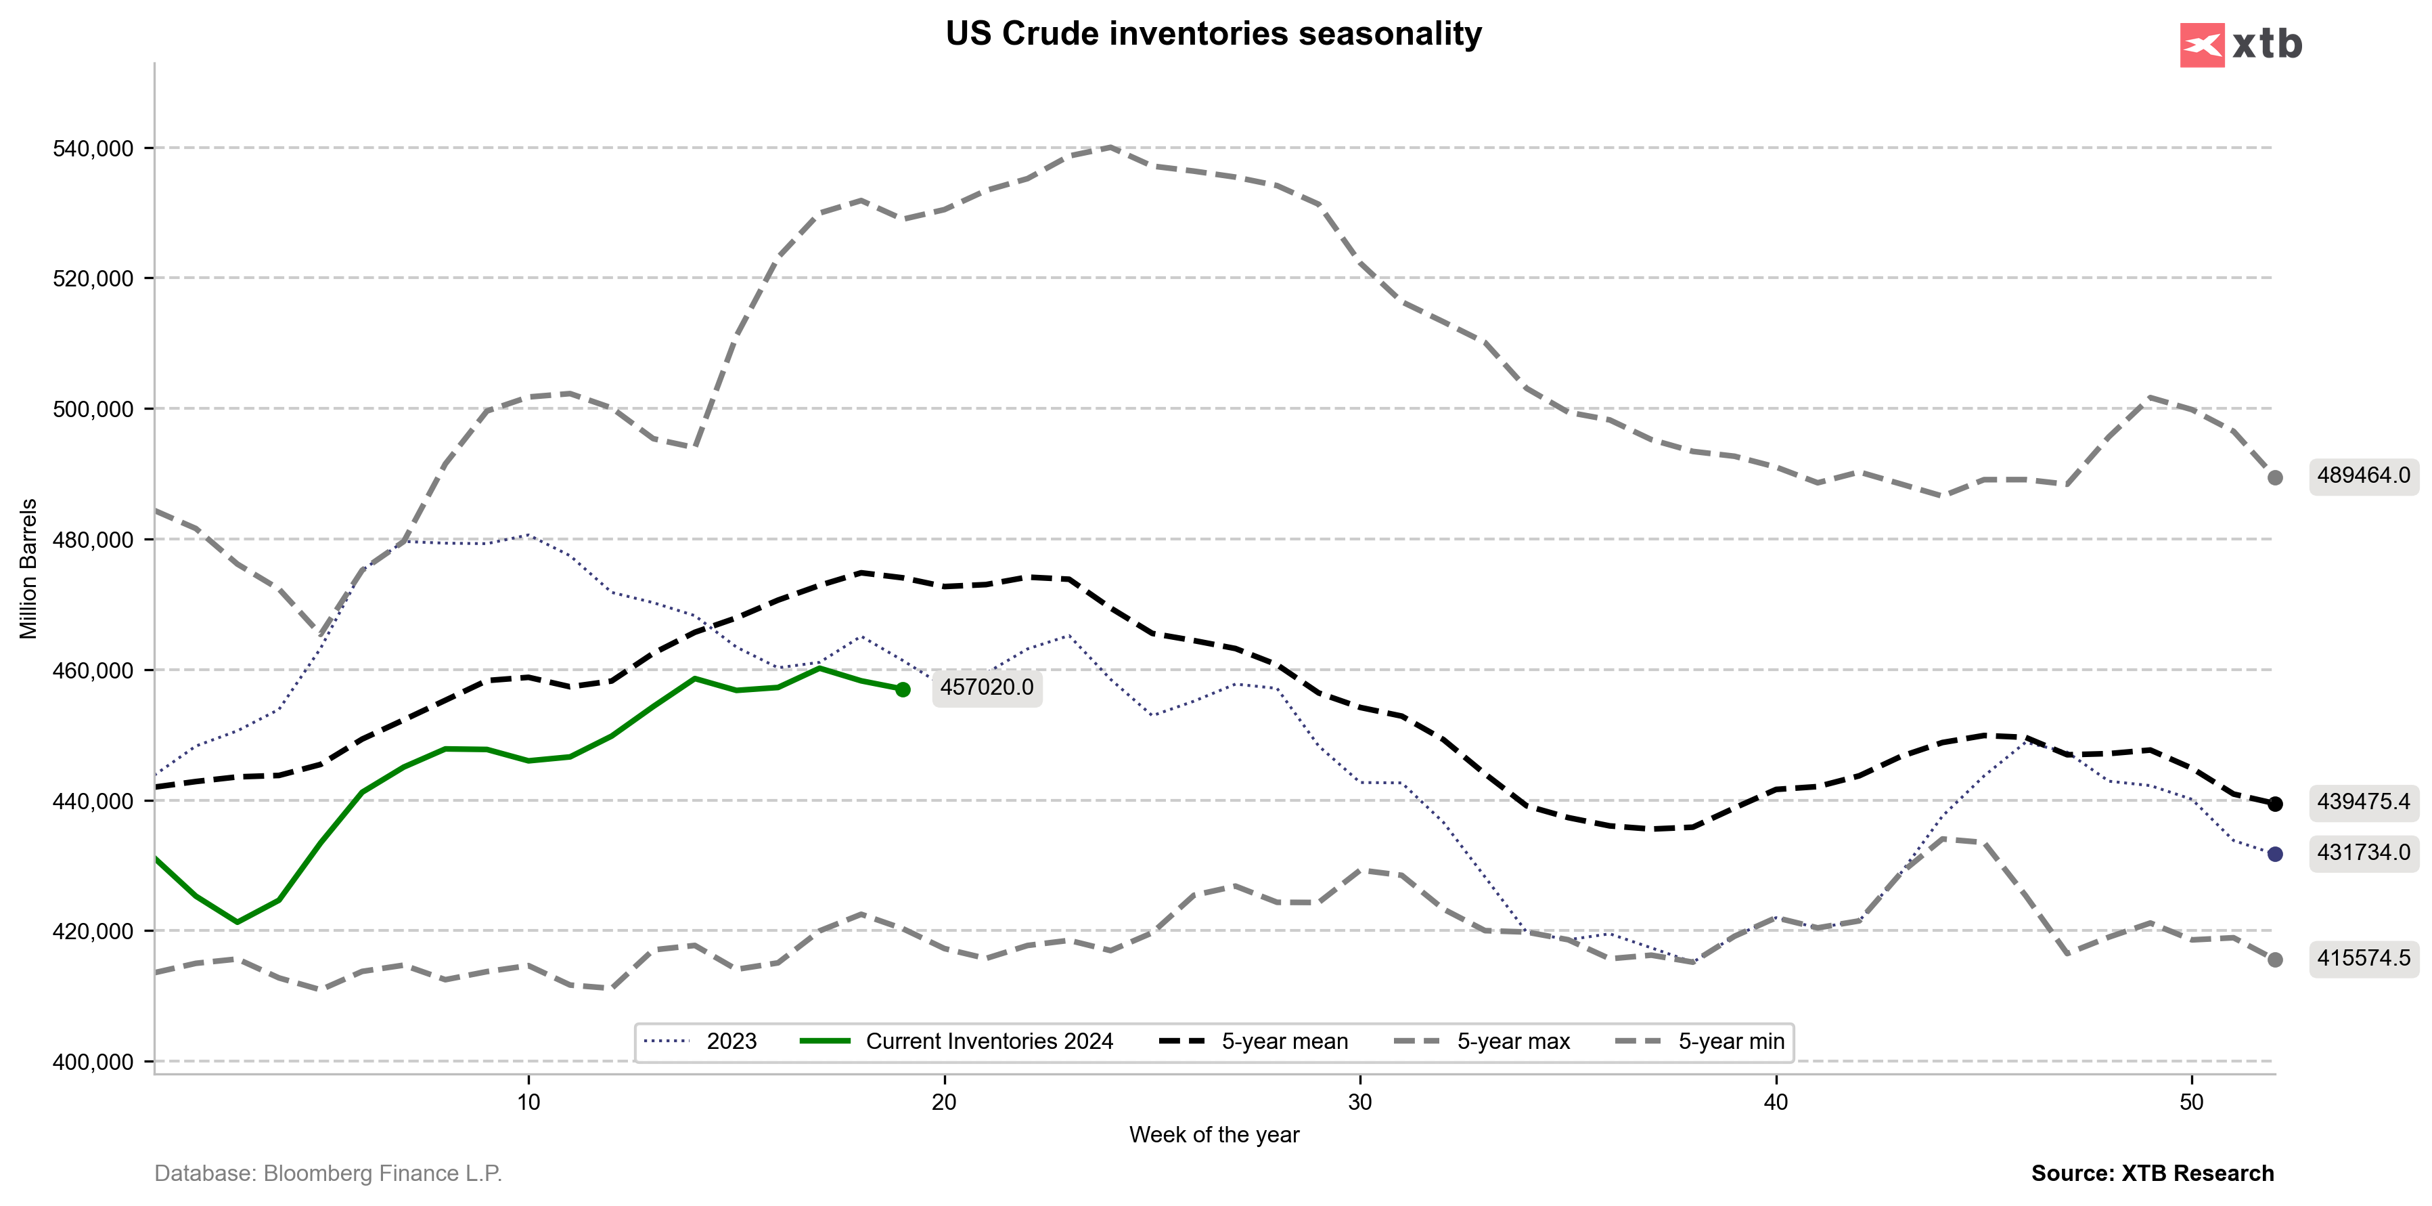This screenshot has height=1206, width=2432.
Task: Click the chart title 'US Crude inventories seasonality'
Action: (1213, 34)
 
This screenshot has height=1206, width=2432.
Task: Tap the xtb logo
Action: (2240, 45)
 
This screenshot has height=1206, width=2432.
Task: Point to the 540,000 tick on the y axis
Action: (93, 149)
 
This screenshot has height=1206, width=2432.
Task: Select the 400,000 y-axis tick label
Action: (93, 1062)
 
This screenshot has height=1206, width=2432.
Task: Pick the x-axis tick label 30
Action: (1359, 1102)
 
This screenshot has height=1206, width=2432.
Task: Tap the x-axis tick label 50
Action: (2191, 1102)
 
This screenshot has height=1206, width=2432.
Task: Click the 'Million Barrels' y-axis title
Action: (28, 569)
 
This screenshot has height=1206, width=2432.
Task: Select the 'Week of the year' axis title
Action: (1214, 1135)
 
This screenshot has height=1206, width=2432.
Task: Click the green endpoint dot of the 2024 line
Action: (903, 689)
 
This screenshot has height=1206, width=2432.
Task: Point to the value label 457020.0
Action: (987, 687)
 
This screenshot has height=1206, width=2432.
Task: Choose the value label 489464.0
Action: (2363, 476)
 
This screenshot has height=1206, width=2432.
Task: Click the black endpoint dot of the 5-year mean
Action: (2275, 804)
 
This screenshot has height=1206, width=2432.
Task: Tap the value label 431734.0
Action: (2363, 853)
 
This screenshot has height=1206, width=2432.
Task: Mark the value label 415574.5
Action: (2363, 959)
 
